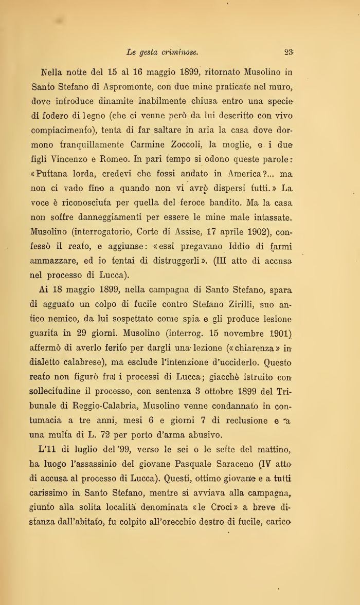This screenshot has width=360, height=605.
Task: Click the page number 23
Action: click(x=289, y=52)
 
